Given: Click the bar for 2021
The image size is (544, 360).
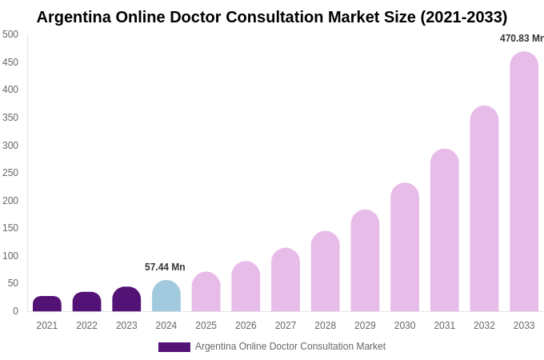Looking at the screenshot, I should (47, 304).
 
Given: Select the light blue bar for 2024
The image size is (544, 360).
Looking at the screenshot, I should (166, 297).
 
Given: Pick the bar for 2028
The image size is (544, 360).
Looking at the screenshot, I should (326, 272).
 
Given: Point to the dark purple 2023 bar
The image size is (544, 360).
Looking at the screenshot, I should (126, 300).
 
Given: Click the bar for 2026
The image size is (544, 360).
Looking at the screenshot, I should (246, 287).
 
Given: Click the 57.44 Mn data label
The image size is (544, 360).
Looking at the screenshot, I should (165, 267).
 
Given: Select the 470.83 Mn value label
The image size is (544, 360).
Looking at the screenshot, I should (521, 38).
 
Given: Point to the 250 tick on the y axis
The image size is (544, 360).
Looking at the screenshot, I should (10, 173).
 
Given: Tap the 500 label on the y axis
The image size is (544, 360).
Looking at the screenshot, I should (10, 34).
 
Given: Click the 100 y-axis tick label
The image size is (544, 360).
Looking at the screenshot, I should (10, 256).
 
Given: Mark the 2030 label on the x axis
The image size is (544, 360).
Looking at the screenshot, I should (405, 326).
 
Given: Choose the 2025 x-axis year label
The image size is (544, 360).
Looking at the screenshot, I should (206, 326).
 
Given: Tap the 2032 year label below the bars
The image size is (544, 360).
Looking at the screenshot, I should (484, 326).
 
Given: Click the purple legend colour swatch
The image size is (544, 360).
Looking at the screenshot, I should (174, 347).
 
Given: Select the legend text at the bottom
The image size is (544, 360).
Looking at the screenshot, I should (290, 346).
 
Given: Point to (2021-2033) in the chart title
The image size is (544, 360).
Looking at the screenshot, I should (464, 17).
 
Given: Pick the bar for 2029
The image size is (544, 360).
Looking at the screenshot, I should (365, 262).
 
